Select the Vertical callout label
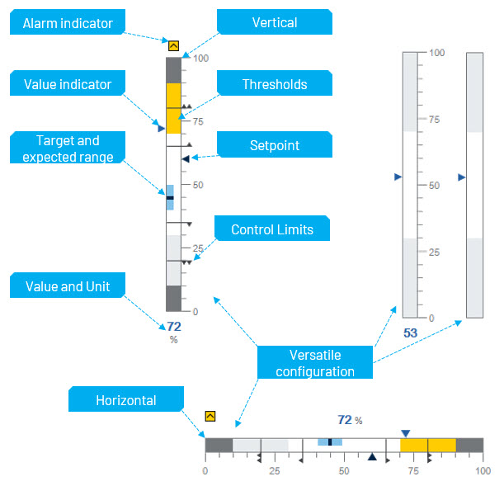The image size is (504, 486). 274,22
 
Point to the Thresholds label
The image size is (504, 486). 274,84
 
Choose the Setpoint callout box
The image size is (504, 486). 274,145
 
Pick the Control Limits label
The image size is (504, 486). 271,229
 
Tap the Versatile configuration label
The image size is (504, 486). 314,363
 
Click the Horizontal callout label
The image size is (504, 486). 125,400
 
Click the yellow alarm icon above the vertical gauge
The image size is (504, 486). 173,46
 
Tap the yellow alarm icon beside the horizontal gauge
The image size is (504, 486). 210,417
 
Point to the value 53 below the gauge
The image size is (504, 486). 410,333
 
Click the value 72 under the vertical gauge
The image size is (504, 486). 173,327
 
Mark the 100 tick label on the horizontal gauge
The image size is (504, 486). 482,470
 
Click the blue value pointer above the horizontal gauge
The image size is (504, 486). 405,433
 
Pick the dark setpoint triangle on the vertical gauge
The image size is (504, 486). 186,158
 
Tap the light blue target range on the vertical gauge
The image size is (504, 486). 170,198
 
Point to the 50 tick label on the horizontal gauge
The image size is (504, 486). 343,470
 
